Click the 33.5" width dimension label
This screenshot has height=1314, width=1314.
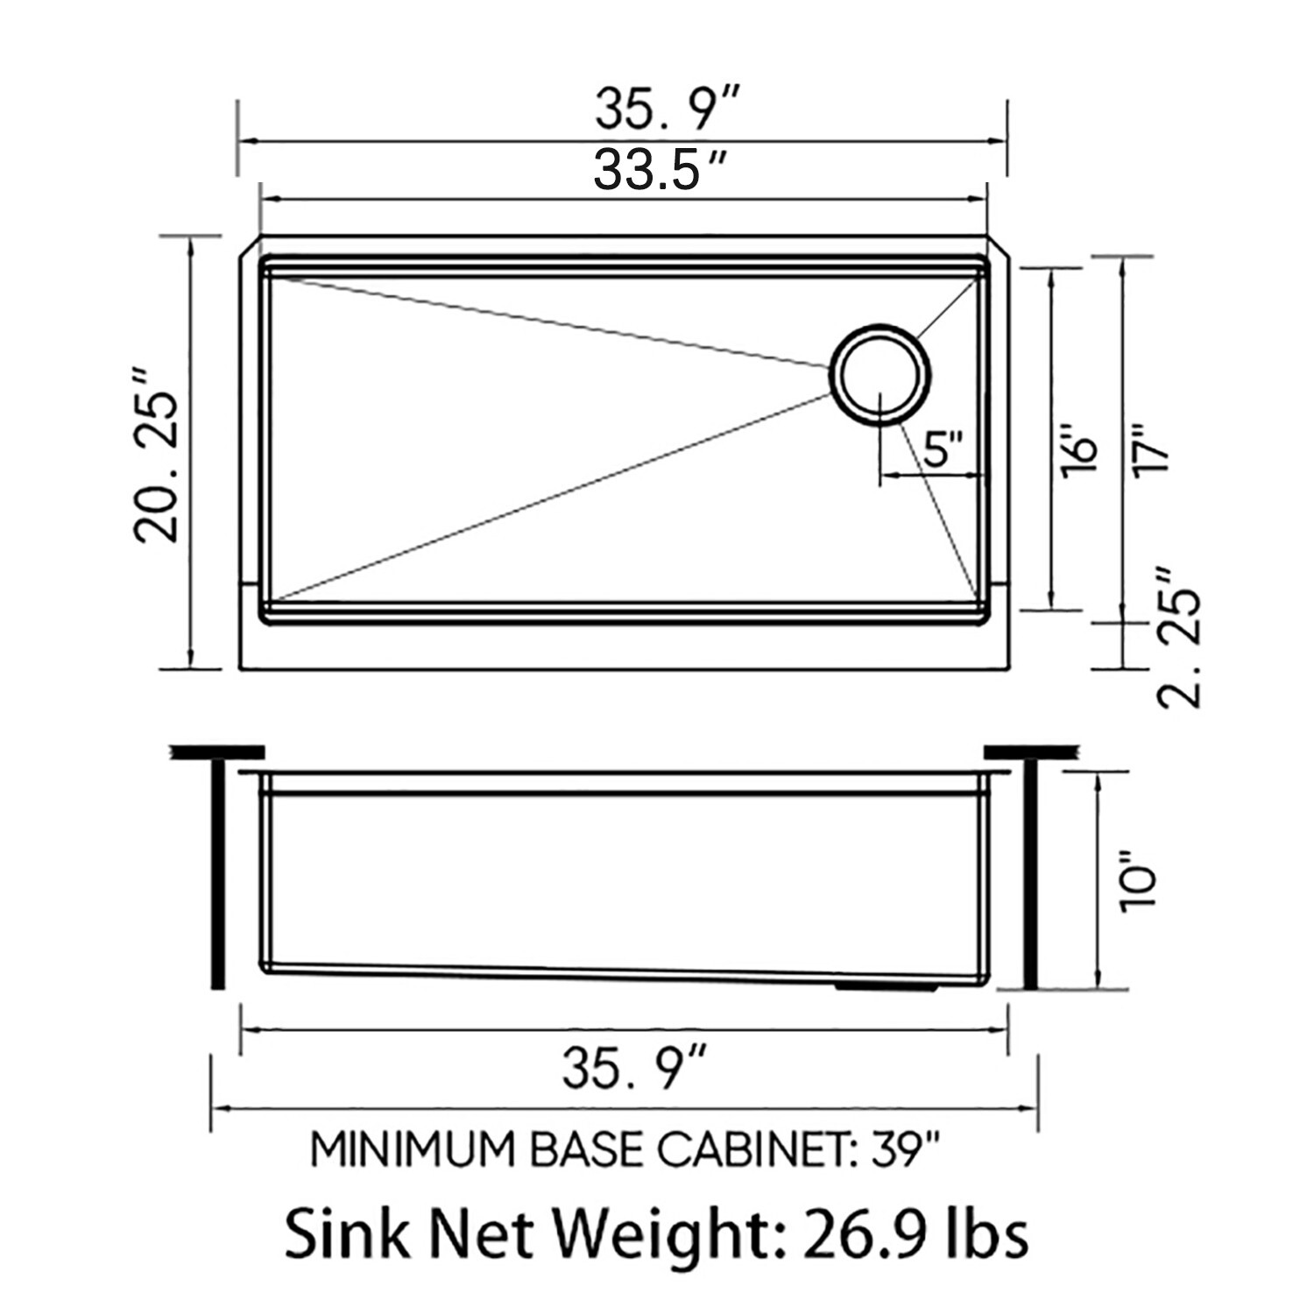[x=659, y=170]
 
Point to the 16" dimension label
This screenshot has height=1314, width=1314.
[x=1080, y=452]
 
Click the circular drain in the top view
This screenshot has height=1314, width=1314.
[x=880, y=376]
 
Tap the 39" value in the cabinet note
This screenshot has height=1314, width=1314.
[x=906, y=1150]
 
